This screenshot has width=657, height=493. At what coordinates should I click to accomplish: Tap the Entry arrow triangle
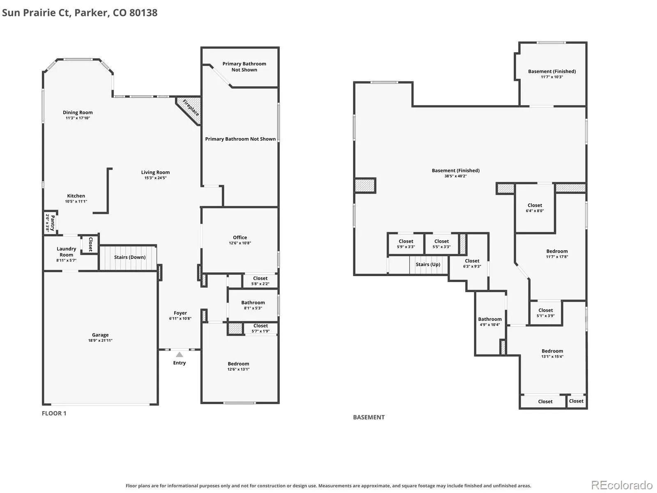[x=179, y=355]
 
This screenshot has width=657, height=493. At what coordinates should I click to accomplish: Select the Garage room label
[x=100, y=335]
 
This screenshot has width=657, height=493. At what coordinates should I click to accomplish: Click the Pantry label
[x=53, y=223]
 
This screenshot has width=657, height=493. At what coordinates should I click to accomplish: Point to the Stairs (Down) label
[x=130, y=257]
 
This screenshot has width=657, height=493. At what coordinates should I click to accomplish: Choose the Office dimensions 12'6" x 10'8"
[x=240, y=243]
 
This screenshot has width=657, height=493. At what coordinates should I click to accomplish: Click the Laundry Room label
[x=67, y=252]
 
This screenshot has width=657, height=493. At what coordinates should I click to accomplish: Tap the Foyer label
[x=180, y=313]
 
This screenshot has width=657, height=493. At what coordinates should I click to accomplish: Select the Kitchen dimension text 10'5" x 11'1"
[x=76, y=201]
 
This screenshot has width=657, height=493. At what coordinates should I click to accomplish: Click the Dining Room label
[x=78, y=113]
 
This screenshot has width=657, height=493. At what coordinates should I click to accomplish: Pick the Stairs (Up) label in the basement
[x=428, y=264]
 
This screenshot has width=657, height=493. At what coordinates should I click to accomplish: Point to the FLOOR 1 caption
[x=54, y=413]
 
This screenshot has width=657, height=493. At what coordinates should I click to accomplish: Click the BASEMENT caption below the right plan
[x=369, y=417]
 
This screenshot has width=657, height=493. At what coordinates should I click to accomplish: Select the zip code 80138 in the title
[x=143, y=13]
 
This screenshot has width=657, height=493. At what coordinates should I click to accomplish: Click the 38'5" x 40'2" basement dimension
[x=455, y=176]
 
